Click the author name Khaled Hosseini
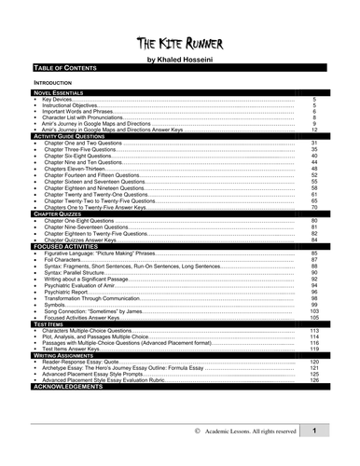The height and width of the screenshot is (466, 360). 179,59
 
